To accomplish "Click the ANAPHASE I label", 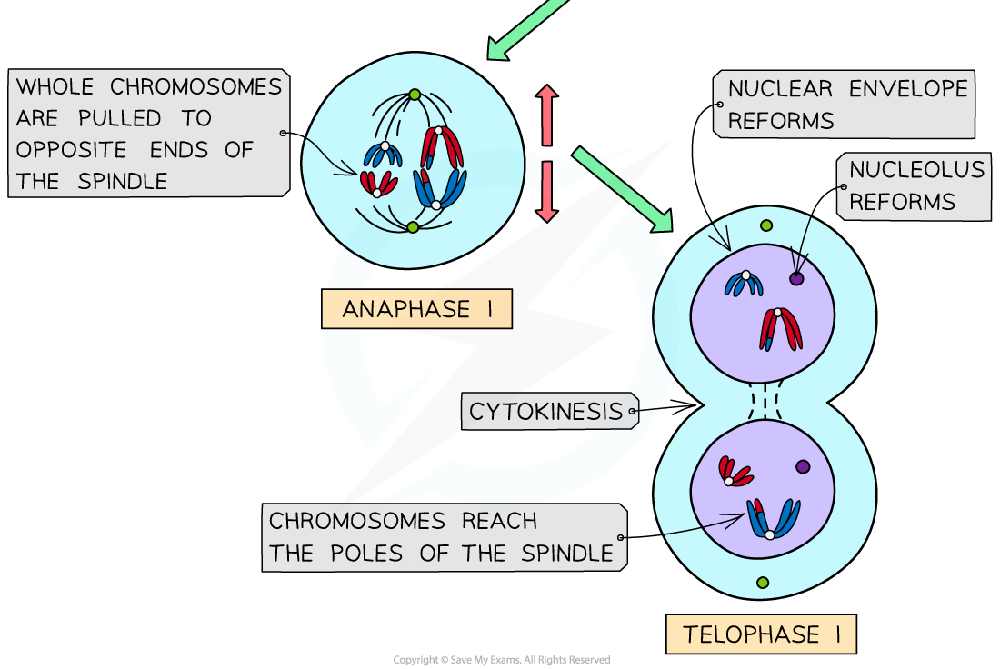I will tap(416, 309).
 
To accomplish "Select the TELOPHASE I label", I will tap(761, 634).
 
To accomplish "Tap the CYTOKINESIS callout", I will tap(546, 412).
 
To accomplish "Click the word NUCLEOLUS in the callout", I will tap(904, 170).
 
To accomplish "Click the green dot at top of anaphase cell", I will tap(415, 95).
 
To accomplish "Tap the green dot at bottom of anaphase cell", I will tap(413, 226).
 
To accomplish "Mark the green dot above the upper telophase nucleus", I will tap(765, 225).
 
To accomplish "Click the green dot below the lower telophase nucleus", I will tap(763, 582).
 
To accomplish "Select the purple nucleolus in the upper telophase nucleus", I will tap(796, 279).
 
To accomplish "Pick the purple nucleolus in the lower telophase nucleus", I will tap(803, 466).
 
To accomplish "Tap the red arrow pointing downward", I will tap(546, 192).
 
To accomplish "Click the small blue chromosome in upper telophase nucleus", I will tap(743, 284).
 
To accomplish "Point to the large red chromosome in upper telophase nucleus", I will tap(781, 329).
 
